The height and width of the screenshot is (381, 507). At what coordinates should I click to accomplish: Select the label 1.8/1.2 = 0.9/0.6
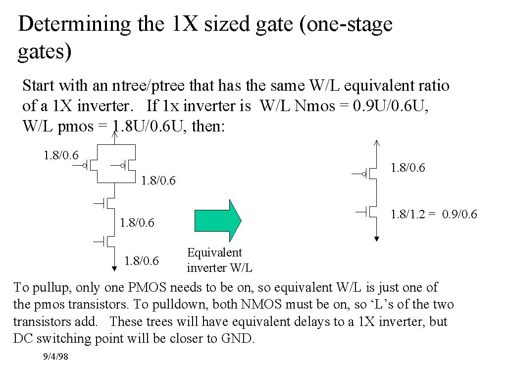[434, 214]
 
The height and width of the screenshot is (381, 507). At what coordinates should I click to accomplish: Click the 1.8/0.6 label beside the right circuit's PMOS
[407, 168]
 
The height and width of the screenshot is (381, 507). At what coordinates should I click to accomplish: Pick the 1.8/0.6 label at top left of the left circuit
[61, 155]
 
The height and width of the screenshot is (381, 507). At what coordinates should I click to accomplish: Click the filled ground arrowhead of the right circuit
[377, 239]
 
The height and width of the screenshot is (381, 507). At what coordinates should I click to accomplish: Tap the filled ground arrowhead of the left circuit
[115, 268]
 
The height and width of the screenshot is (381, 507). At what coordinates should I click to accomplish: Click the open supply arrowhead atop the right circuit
[377, 143]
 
